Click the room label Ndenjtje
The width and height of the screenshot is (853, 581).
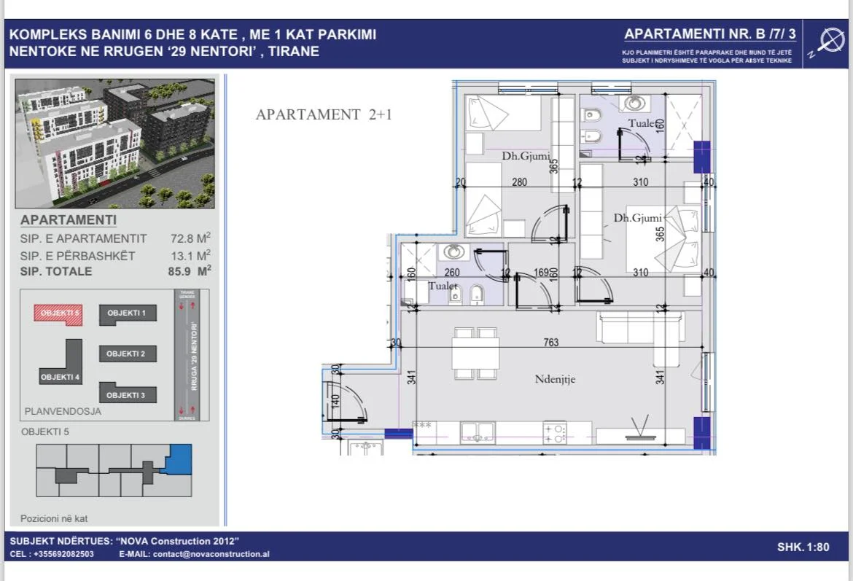(x=555, y=379)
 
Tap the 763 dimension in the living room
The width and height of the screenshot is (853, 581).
(x=550, y=343)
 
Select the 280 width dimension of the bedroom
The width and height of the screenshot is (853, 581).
(x=519, y=182)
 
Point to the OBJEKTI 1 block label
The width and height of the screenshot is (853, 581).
(x=128, y=313)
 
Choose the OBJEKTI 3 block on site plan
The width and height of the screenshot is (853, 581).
(x=128, y=394)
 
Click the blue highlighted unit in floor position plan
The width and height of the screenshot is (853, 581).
(x=177, y=459)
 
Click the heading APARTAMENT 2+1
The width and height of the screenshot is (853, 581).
(x=324, y=114)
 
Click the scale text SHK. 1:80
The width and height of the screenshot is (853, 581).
(x=803, y=547)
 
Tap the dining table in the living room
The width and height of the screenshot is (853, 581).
(x=475, y=354)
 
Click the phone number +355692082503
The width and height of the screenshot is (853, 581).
(x=63, y=554)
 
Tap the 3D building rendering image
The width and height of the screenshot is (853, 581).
(x=115, y=143)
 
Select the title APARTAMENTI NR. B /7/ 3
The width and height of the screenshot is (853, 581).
(x=710, y=34)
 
